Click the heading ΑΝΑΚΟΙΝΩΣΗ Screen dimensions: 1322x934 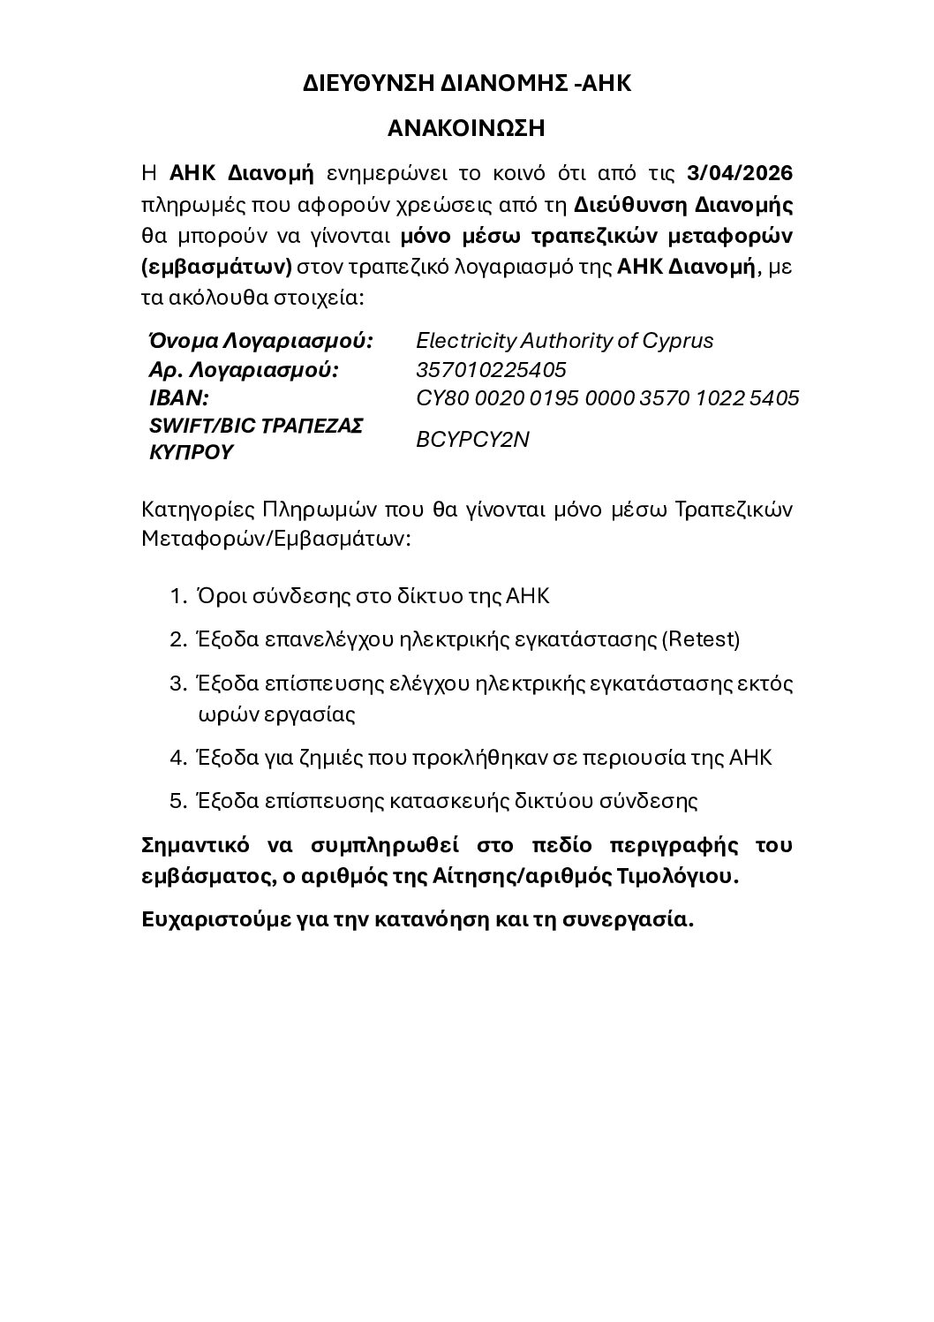point(466,129)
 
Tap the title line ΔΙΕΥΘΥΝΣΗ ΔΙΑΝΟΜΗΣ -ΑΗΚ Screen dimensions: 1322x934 point(467,84)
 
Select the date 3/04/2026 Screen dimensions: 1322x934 point(740,171)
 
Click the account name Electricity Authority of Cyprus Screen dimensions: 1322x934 point(564,341)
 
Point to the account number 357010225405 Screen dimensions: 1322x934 point(491,369)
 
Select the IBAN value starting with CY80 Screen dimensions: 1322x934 point(607,397)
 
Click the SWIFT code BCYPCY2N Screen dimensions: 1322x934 point(472,439)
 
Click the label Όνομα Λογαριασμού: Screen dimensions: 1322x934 point(260,341)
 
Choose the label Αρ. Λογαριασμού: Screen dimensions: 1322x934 point(244,369)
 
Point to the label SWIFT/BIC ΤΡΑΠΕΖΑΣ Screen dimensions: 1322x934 point(256,426)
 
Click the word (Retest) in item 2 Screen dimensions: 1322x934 point(700,639)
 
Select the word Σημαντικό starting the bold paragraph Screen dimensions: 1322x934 point(194,845)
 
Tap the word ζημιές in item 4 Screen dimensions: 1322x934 point(327,758)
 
